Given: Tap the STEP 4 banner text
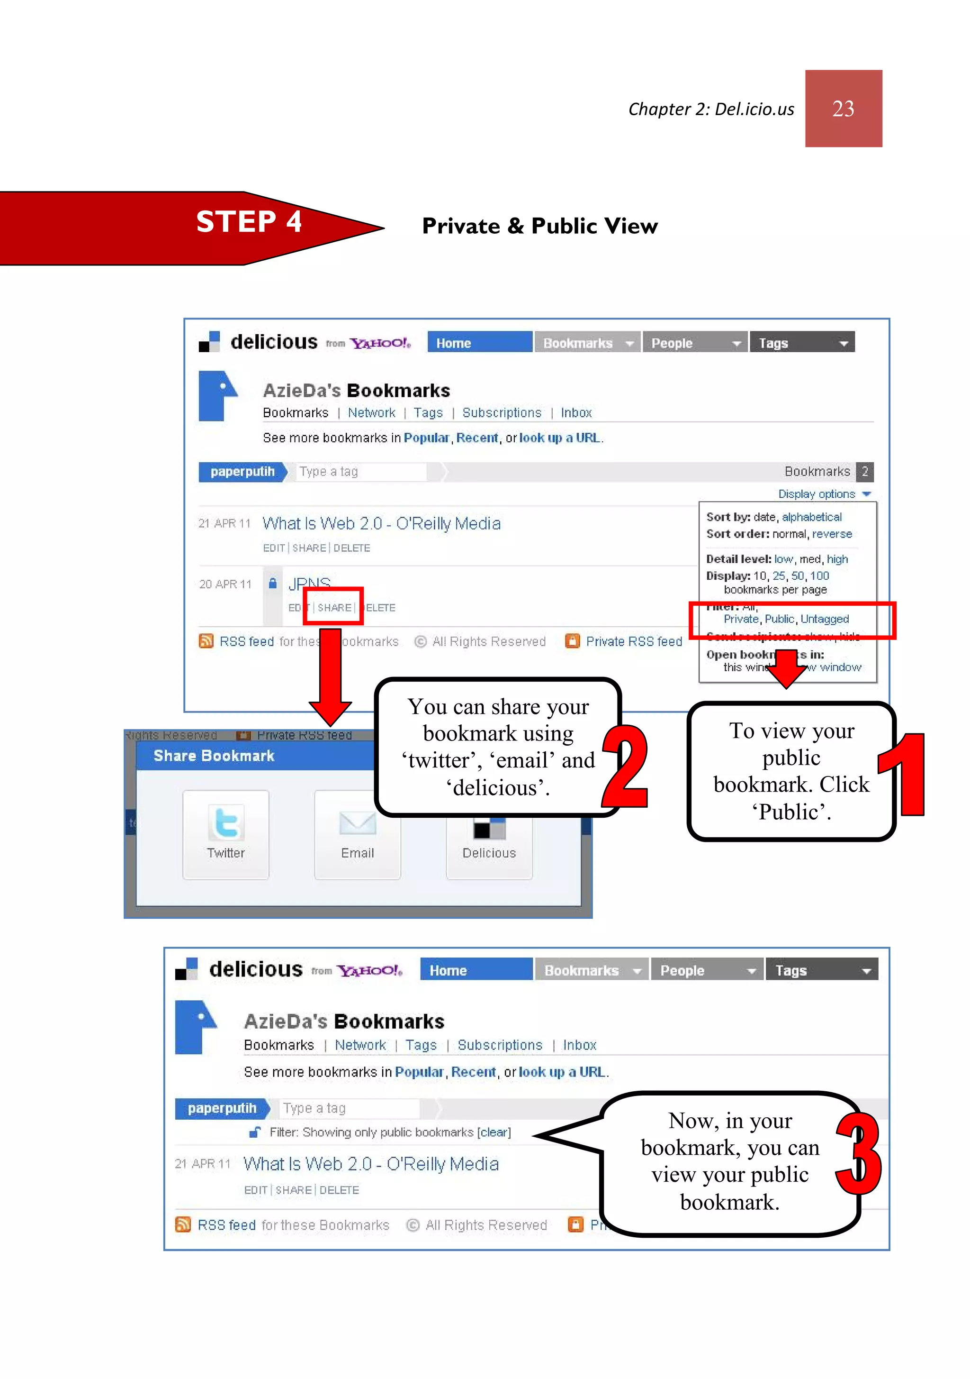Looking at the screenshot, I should tap(249, 222).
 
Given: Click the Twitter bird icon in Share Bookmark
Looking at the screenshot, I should tap(226, 822).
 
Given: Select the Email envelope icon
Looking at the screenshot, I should tap(357, 822).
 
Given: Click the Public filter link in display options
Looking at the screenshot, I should tap(779, 619).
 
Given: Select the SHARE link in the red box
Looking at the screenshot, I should tap(334, 608).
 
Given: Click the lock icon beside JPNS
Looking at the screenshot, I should tap(272, 583).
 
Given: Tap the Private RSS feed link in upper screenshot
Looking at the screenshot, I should tap(633, 641).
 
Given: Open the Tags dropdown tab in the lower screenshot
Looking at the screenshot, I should tap(821, 970).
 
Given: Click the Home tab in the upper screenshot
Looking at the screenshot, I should tap(479, 343).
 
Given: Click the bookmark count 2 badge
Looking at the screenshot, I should tap(864, 472).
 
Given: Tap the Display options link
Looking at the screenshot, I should tap(817, 493).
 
